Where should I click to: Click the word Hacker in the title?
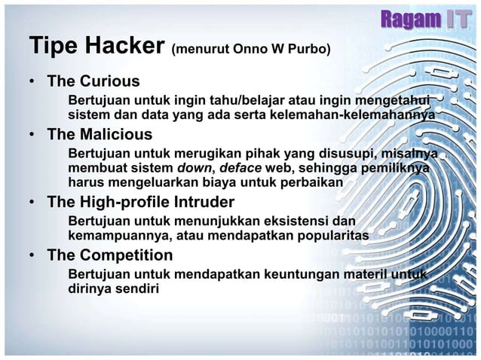pos(121,45)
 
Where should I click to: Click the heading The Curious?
pos(93,81)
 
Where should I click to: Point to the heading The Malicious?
pos(100,135)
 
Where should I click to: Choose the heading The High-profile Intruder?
pos(141,202)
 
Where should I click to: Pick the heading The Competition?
pos(110,255)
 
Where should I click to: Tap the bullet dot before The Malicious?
pos(33,136)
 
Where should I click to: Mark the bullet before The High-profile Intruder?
pos(33,203)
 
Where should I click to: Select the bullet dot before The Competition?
pos(33,256)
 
